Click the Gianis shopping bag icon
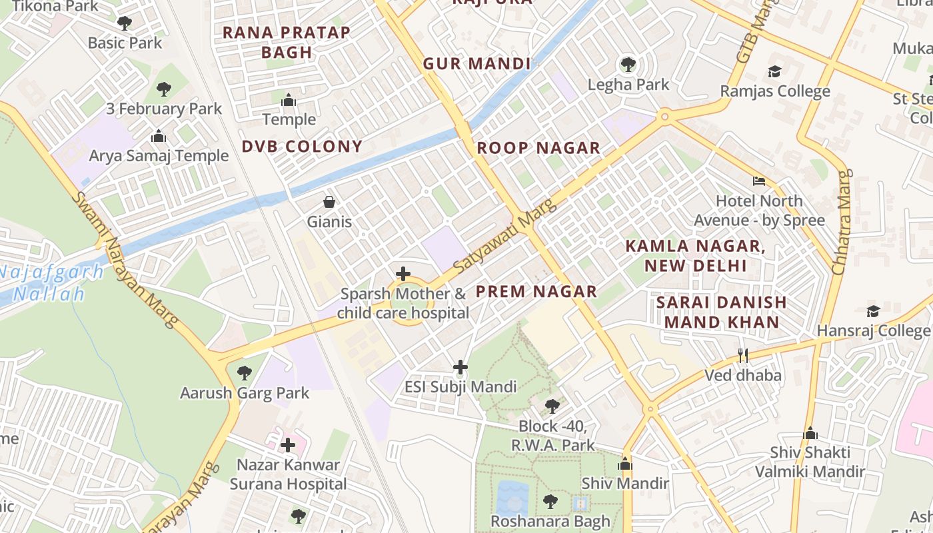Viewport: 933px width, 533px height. pyautogui.click(x=329, y=201)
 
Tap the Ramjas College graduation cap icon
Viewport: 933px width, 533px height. pyautogui.click(x=774, y=71)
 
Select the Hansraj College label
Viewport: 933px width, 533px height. pyautogui.click(x=873, y=330)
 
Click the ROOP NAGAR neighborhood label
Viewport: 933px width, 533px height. pyautogui.click(x=538, y=148)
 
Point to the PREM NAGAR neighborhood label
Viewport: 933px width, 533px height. pyautogui.click(x=536, y=291)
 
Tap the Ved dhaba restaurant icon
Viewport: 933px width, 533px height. pyautogui.click(x=743, y=355)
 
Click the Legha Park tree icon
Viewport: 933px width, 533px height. pyautogui.click(x=628, y=65)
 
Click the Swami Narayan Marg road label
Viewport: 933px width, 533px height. pyautogui.click(x=126, y=260)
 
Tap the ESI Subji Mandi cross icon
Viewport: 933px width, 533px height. pyautogui.click(x=460, y=367)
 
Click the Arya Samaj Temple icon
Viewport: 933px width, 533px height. pyautogui.click(x=159, y=137)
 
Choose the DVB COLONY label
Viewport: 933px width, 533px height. pyautogui.click(x=302, y=147)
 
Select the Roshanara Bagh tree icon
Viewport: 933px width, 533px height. pyautogui.click(x=550, y=501)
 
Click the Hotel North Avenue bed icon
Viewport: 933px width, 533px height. pyautogui.click(x=759, y=181)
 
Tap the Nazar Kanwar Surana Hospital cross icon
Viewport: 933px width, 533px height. pyautogui.click(x=288, y=444)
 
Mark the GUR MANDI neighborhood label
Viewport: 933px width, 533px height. pyautogui.click(x=476, y=64)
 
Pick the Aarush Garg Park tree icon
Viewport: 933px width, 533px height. pyautogui.click(x=245, y=372)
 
